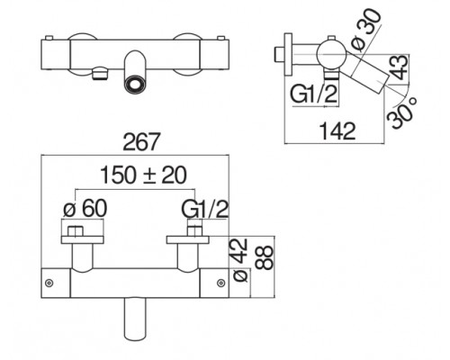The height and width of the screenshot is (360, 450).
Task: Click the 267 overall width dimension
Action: point(140,141)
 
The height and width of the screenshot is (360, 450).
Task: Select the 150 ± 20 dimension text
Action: point(143,175)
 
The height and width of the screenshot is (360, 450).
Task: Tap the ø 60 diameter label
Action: point(85,208)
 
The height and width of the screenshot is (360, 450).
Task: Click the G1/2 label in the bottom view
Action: point(205,209)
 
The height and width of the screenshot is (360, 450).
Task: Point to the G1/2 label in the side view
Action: point(314,94)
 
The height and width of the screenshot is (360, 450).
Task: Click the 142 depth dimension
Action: point(338,131)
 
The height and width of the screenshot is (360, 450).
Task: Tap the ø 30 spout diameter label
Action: point(366,30)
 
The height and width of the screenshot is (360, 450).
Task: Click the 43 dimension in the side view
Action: point(400,67)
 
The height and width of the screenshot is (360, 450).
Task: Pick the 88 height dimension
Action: point(265,257)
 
